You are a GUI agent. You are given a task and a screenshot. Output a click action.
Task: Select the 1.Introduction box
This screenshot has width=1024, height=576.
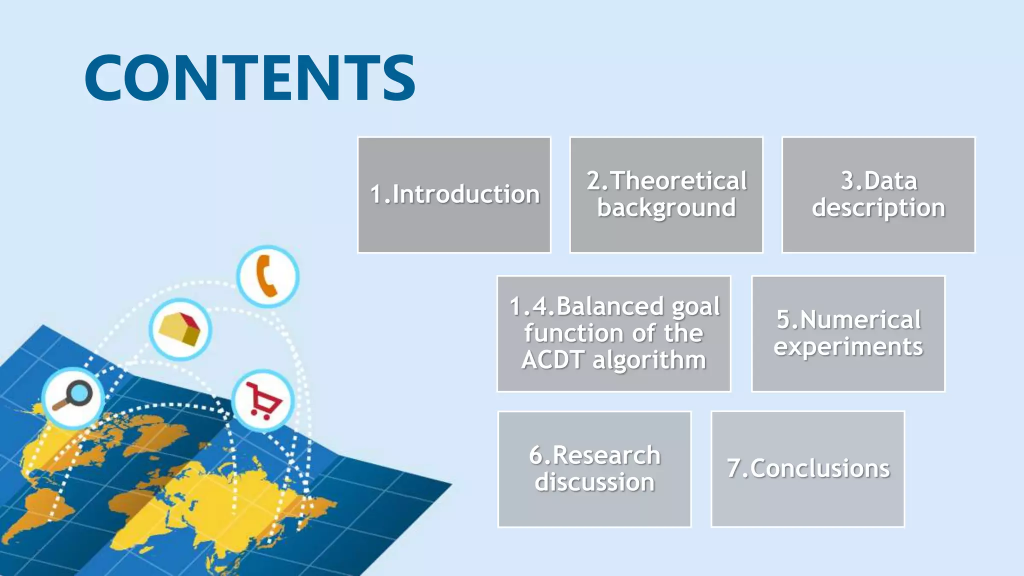click(x=454, y=194)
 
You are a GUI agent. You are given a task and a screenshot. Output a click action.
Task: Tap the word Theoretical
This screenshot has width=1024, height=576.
click(x=678, y=181)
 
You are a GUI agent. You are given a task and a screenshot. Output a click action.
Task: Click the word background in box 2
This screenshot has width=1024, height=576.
click(x=666, y=208)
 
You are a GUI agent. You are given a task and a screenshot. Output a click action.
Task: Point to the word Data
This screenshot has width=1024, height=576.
click(x=890, y=181)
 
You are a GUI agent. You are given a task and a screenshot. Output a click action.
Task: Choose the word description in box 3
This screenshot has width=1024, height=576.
click(x=878, y=208)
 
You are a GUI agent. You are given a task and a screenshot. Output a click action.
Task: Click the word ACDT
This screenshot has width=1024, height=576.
click(x=552, y=360)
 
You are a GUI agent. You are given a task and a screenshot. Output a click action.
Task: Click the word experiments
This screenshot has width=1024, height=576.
click(x=848, y=347)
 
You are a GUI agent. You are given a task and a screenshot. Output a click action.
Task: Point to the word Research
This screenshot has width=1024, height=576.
click(x=606, y=455)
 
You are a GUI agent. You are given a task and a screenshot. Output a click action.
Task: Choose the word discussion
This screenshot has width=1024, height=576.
click(x=594, y=482)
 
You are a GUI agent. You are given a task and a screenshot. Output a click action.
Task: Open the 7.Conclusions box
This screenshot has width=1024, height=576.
click(x=808, y=469)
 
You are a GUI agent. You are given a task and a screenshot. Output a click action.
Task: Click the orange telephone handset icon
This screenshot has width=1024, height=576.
click(x=267, y=276)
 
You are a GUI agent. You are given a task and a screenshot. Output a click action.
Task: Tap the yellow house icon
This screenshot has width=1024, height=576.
click(x=180, y=329)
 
